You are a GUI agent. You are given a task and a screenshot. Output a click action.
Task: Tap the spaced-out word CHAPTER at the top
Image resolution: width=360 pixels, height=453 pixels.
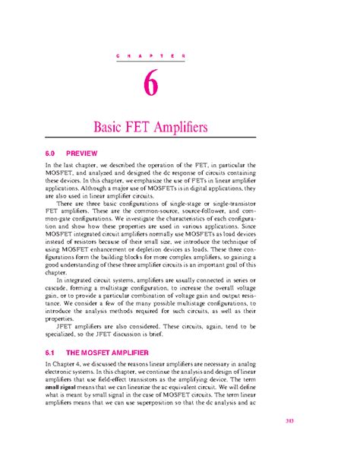(x=152, y=57)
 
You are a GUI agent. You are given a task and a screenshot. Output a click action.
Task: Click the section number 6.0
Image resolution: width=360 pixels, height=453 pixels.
(x=50, y=152)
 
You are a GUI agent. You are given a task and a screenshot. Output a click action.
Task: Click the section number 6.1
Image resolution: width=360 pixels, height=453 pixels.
(x=50, y=332)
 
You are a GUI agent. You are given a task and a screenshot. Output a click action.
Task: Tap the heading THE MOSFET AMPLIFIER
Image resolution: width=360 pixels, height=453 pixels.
(x=117, y=332)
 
